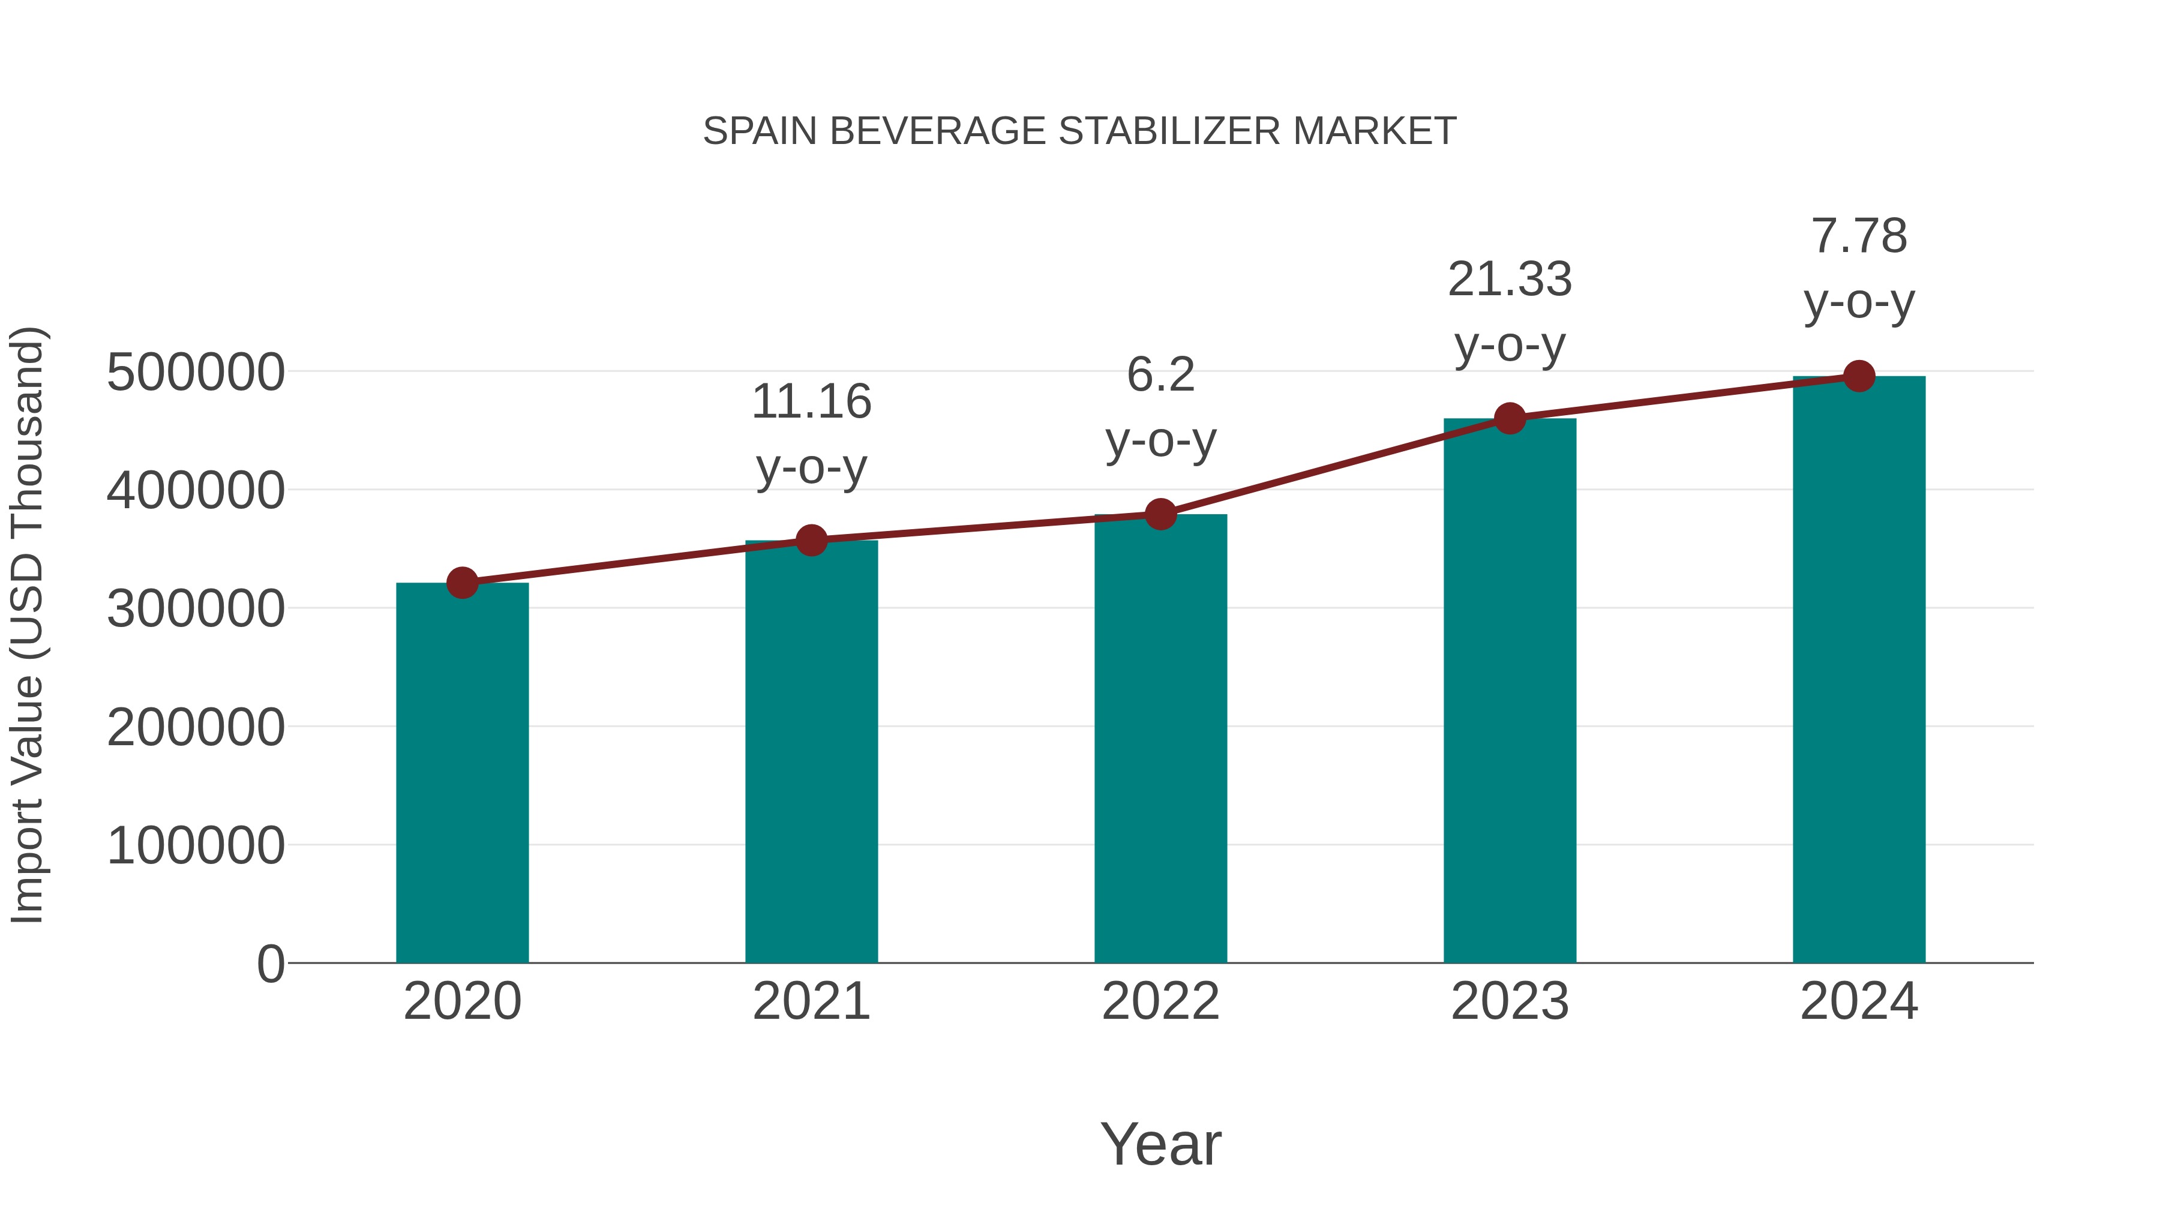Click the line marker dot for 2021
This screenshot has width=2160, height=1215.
811,541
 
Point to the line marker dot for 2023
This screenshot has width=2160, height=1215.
1510,418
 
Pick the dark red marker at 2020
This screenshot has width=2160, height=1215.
462,583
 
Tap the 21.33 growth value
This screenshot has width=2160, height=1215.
1510,279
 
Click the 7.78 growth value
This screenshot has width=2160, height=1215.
1859,236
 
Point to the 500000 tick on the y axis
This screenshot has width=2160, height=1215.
196,372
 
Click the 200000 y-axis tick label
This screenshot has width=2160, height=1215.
196,727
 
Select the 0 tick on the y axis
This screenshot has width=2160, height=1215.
270,964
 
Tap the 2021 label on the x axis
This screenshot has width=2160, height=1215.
811,1001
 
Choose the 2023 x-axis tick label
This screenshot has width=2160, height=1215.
1510,1001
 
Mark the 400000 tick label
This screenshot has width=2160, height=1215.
196,491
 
